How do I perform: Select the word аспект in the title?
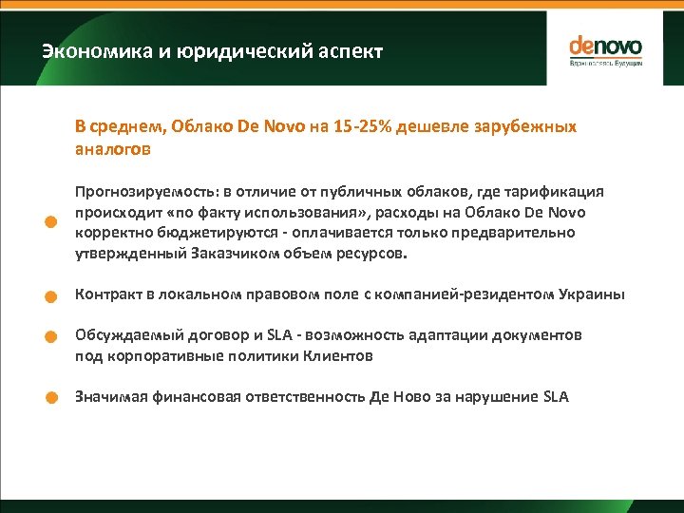click(x=349, y=51)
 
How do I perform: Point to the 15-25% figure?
click(x=362, y=126)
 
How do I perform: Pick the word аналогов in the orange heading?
click(x=113, y=148)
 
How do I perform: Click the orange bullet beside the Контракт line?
click(x=56, y=295)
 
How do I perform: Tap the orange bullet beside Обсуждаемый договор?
click(x=56, y=336)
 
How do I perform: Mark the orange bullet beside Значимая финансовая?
click(x=56, y=398)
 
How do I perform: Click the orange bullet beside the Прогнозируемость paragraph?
click(x=56, y=223)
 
